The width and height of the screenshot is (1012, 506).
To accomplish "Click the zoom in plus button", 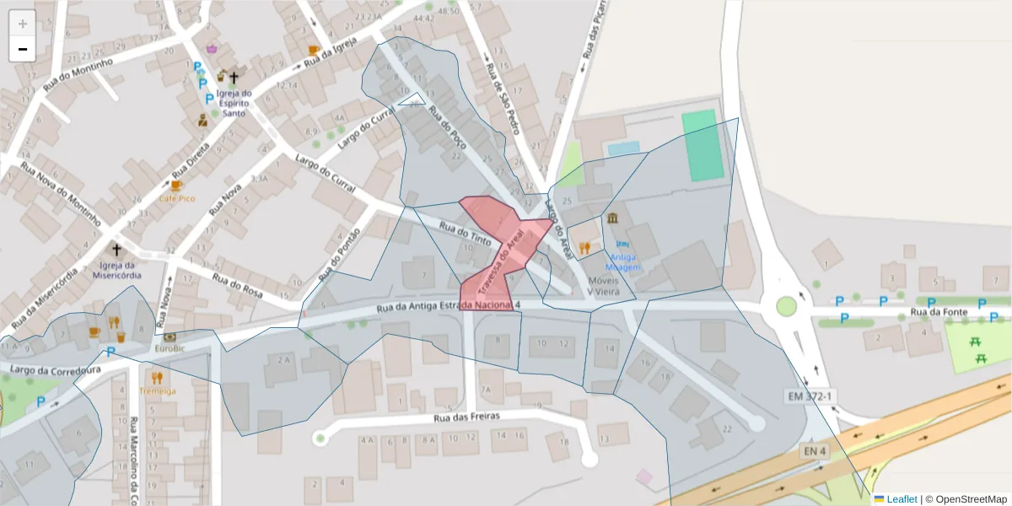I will pos(23,24).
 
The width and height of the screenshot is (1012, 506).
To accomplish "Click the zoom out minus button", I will pos(23,49).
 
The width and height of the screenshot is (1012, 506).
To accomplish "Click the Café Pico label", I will pos(176,198).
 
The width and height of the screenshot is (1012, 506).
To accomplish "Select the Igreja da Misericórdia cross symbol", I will pos(116,250).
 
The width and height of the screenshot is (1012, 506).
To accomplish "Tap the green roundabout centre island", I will pos(787,305).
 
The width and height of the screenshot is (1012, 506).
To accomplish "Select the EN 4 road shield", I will pos(814,452).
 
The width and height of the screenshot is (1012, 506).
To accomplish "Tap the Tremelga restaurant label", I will pos(157,391).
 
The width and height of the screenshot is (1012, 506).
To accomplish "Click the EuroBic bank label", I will pos(169,347).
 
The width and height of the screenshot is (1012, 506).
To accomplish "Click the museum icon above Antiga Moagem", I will pos(611,219).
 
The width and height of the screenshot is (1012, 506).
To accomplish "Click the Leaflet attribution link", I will pos(902,499).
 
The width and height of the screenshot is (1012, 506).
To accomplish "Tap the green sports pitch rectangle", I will pos(703,146).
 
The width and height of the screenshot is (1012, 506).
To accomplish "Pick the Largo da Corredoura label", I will pos(56,369).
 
